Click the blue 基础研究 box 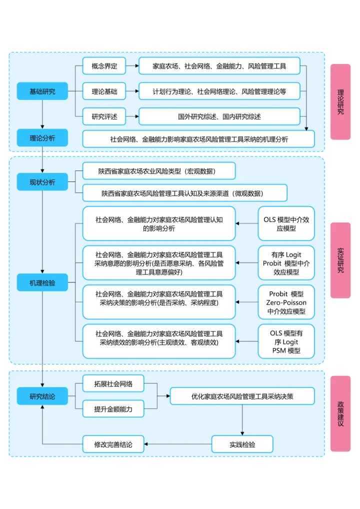point(42,91)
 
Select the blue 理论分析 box point(42,137)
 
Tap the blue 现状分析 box point(42,181)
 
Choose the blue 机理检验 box point(42,282)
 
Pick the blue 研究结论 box point(42,396)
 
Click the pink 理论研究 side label point(340,102)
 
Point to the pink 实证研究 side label point(340,260)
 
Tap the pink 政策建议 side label point(340,413)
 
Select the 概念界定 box point(104,66)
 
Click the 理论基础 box point(104,91)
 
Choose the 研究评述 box point(104,117)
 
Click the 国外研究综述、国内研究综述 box point(219,117)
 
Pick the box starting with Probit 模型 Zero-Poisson point(286,302)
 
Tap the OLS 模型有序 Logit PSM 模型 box point(286,341)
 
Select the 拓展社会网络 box point(113,383)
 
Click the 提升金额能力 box point(113,409)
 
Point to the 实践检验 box point(242,443)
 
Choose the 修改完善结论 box point(113,443)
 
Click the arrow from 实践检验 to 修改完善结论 point(178,443)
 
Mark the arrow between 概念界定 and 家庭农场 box point(132,66)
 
